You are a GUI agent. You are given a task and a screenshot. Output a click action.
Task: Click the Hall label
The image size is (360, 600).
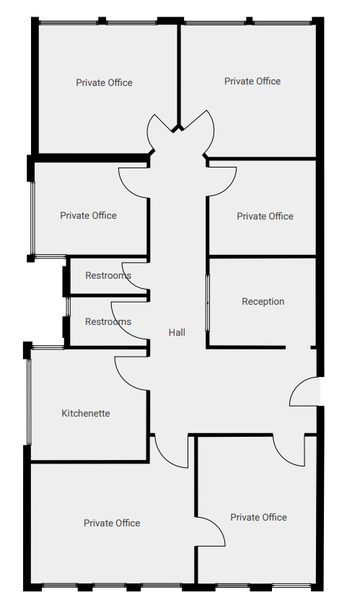pyautogui.click(x=177, y=332)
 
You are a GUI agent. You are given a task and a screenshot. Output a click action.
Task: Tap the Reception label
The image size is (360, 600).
pyautogui.click(x=263, y=302)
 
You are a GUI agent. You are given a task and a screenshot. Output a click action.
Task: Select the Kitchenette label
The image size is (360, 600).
pyautogui.click(x=86, y=414)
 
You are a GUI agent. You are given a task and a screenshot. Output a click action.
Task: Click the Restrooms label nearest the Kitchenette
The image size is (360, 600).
pyautogui.click(x=108, y=322)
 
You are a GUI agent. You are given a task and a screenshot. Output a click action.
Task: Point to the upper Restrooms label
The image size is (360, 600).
pyautogui.click(x=108, y=276)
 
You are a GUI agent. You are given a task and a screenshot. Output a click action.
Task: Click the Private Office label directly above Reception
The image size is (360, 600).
pyautogui.click(x=265, y=216)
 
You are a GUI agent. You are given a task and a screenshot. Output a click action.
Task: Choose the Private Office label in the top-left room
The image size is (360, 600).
pyautogui.click(x=104, y=83)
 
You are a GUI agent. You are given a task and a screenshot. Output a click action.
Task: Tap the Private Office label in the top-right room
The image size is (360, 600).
pyautogui.click(x=253, y=82)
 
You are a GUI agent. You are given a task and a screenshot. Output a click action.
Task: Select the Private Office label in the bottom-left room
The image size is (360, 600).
pyautogui.click(x=112, y=523)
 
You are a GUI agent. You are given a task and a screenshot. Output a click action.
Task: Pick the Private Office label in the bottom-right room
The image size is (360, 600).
pyautogui.click(x=258, y=517)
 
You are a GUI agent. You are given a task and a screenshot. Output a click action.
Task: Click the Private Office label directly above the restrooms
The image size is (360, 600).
pyautogui.click(x=88, y=215)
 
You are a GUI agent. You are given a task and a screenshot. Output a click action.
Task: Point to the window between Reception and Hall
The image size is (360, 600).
pyautogui.click(x=208, y=302)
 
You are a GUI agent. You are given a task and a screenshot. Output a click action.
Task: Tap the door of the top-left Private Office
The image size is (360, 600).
pyautogui.click(x=160, y=130)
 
